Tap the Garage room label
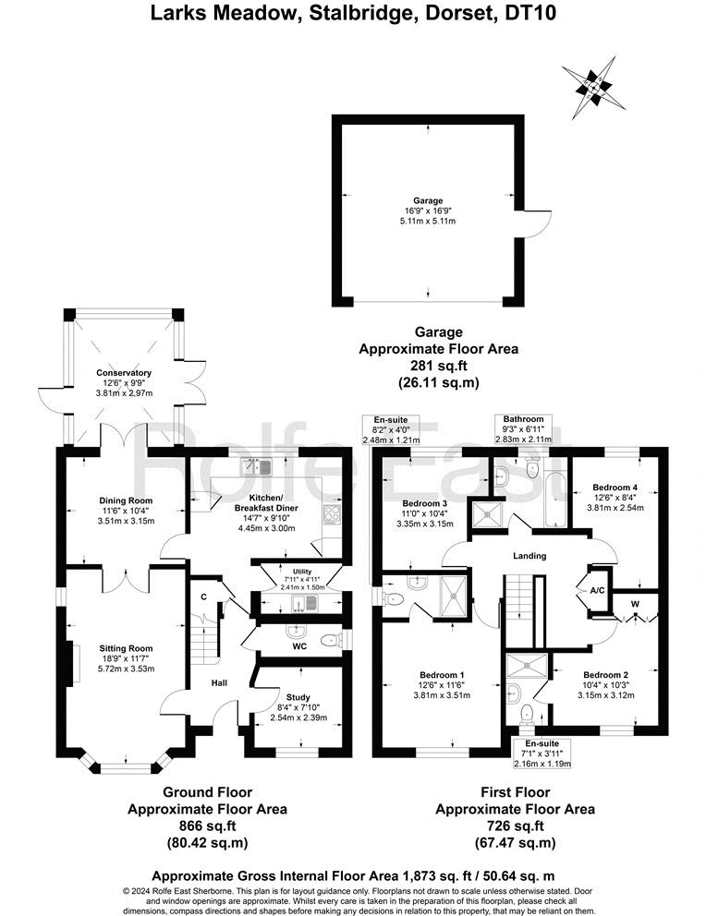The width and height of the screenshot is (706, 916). pyautogui.click(x=428, y=200)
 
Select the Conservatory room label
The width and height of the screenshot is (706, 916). pyautogui.click(x=123, y=374)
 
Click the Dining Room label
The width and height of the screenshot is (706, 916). pyautogui.click(x=126, y=500)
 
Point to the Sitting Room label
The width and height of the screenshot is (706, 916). pyautogui.click(x=126, y=648)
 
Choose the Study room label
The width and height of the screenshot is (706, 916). pyautogui.click(x=298, y=698)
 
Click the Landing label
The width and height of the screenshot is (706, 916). pyautogui.click(x=529, y=556)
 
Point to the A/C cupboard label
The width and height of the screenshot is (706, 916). pyautogui.click(x=595, y=588)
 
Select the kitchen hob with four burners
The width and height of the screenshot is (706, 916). pyautogui.click(x=331, y=513)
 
